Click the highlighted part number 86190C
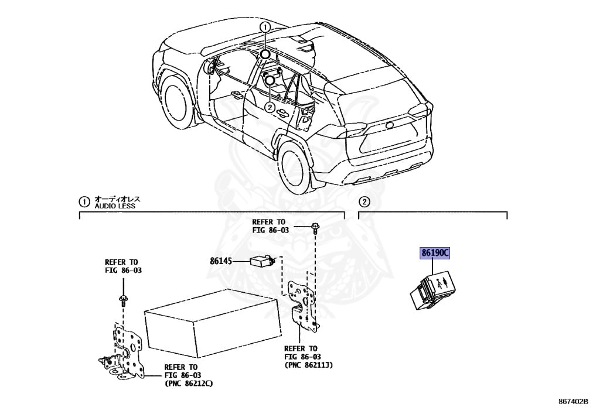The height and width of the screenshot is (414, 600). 434,253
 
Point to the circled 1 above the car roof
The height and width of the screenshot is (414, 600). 265,27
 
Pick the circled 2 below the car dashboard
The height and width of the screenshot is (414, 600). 269,107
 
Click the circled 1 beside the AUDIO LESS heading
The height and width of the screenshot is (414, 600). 84,202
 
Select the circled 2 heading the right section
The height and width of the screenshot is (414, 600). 364,202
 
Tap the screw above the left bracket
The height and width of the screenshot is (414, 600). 123,300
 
